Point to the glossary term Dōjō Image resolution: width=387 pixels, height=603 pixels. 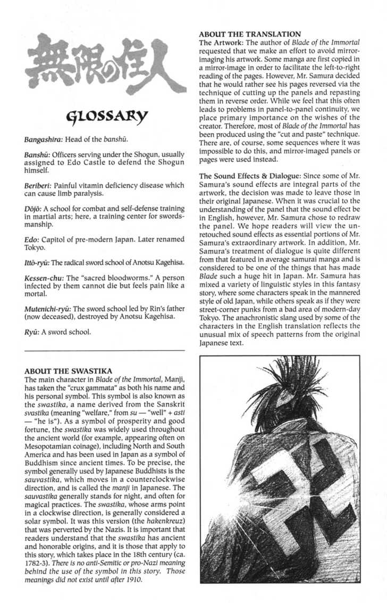tap(34, 209)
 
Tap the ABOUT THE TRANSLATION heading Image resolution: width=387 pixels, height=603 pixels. tap(249, 34)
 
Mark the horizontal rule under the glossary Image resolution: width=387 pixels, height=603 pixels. tap(105, 350)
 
